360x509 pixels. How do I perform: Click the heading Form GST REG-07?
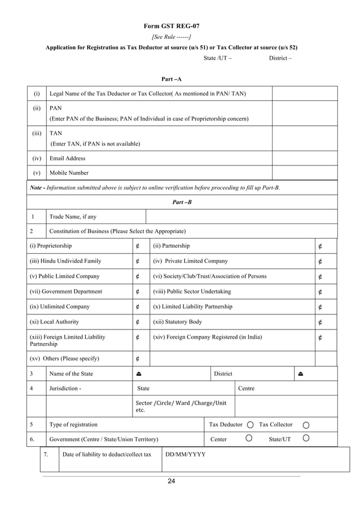pyautogui.click(x=171, y=26)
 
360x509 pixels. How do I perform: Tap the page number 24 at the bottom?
pyautogui.click(x=172, y=481)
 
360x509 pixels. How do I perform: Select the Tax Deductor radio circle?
pyautogui.click(x=249, y=425)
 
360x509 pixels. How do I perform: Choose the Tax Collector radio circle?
pyautogui.click(x=306, y=425)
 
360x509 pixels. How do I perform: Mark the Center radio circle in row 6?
pyautogui.click(x=249, y=438)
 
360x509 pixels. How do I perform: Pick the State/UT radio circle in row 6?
pyautogui.click(x=306, y=438)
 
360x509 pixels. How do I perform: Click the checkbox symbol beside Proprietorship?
pyautogui.click(x=138, y=246)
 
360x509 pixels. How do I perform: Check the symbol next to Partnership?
pyautogui.click(x=321, y=246)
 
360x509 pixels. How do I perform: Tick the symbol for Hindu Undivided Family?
pyautogui.click(x=138, y=261)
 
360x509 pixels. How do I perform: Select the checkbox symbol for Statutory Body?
pyautogui.click(x=321, y=322)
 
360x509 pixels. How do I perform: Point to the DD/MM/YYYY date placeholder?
pyautogui.click(x=185, y=454)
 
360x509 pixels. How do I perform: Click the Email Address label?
pyautogui.click(x=68, y=159)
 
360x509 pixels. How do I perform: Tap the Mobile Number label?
pyautogui.click(x=69, y=173)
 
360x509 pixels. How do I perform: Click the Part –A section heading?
pyautogui.click(x=172, y=79)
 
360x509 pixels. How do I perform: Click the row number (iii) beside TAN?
pyautogui.click(x=37, y=134)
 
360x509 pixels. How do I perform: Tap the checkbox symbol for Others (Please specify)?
pyautogui.click(x=138, y=358)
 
